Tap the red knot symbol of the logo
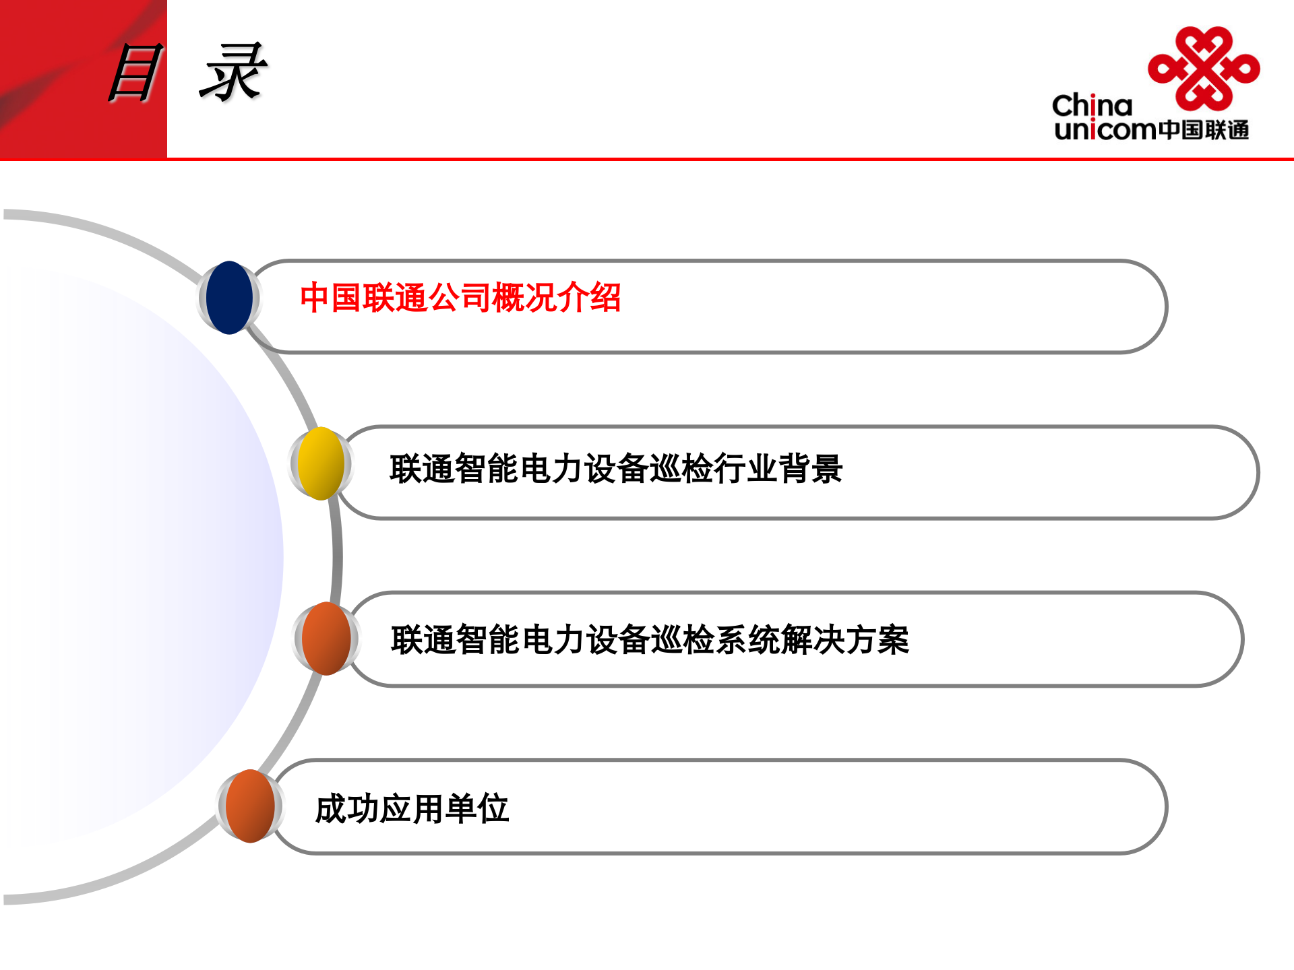click(1204, 68)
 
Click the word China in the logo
click(1092, 106)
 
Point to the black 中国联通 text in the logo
click(1204, 129)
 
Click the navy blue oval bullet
click(229, 298)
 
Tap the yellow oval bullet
click(321, 463)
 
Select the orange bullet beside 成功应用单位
click(250, 806)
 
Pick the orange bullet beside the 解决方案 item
click(326, 639)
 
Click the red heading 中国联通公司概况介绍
click(460, 298)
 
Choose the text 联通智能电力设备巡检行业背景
click(616, 469)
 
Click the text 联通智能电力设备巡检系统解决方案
click(650, 640)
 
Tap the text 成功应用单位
click(412, 809)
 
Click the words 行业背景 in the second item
click(778, 469)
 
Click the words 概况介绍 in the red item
click(557, 298)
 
